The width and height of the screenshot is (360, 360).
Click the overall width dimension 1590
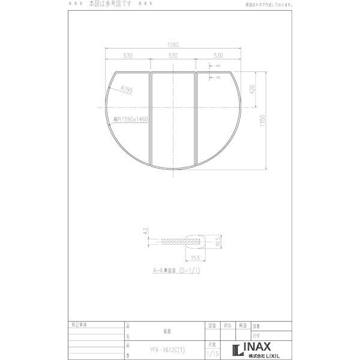point(173,44)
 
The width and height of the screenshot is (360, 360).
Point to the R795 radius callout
point(126,89)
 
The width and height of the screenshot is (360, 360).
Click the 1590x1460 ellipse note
point(126,119)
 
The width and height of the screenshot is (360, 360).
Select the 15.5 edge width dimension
point(195,257)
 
